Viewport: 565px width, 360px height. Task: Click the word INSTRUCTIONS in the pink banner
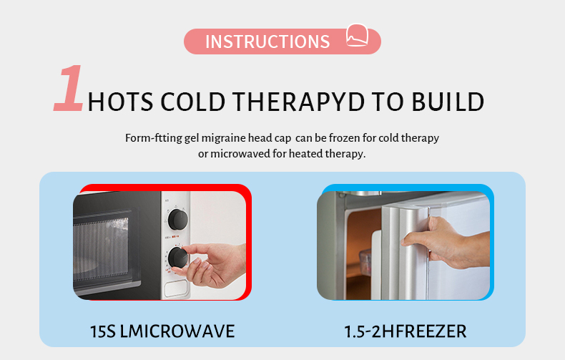267,42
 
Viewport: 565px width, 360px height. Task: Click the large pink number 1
69,89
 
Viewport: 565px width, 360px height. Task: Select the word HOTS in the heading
120,102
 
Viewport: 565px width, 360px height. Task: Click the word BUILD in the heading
448,102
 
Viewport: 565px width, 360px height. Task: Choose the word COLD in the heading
190,102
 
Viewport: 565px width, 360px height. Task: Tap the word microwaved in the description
237,154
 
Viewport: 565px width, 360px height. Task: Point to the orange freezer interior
358,247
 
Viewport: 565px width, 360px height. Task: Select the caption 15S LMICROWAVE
162,331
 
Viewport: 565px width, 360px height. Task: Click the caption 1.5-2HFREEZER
405,331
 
